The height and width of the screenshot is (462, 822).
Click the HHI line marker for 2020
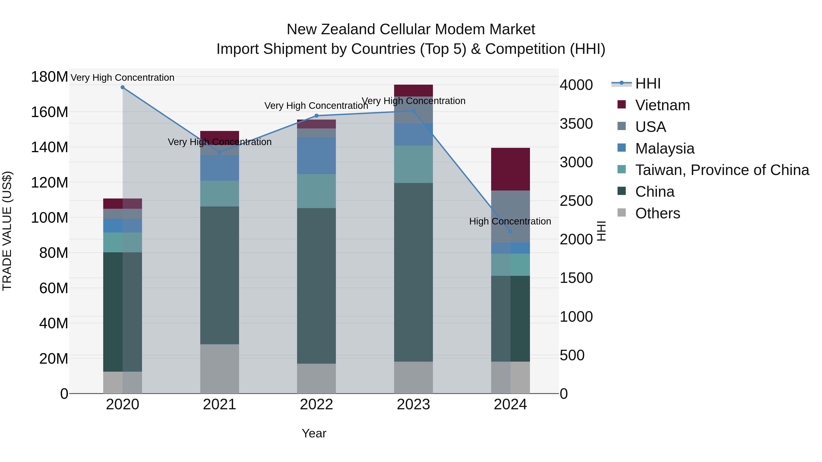(x=123, y=87)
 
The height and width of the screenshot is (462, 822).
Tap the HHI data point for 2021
(x=219, y=152)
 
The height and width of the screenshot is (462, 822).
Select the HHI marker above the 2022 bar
(x=316, y=116)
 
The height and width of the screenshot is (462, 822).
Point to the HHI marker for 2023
(x=414, y=111)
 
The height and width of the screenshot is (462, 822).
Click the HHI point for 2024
(x=510, y=232)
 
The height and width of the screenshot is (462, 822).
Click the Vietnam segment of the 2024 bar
(x=510, y=169)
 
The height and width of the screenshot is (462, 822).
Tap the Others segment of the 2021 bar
(x=219, y=369)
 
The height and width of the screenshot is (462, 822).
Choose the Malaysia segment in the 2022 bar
(x=316, y=156)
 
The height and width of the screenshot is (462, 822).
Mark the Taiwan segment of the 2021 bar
(x=219, y=193)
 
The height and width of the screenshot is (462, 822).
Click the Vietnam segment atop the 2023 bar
(x=414, y=91)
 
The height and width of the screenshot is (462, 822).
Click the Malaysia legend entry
(x=665, y=149)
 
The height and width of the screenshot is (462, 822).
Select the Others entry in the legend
(x=658, y=213)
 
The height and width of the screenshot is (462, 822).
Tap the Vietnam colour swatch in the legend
(x=622, y=104)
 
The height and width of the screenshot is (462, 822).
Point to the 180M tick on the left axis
(x=50, y=77)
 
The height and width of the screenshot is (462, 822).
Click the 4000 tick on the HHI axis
(x=576, y=85)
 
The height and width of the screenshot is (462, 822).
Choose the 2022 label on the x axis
(x=316, y=405)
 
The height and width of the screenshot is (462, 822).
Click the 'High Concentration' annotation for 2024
(x=510, y=221)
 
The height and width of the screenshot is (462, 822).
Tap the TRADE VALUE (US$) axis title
(x=7, y=231)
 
